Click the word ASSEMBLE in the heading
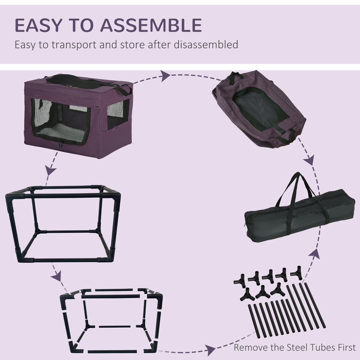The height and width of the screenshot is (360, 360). pos(153,24)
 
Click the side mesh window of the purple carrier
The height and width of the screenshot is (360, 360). pos(118,113)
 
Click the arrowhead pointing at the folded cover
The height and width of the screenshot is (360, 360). pos(165,76)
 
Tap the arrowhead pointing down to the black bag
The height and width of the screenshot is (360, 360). pos(309,159)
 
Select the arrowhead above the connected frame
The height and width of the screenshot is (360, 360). pos(50,170)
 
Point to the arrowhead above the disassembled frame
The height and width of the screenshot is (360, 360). pos(57,276)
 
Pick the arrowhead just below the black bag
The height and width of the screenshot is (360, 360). pos(314,253)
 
